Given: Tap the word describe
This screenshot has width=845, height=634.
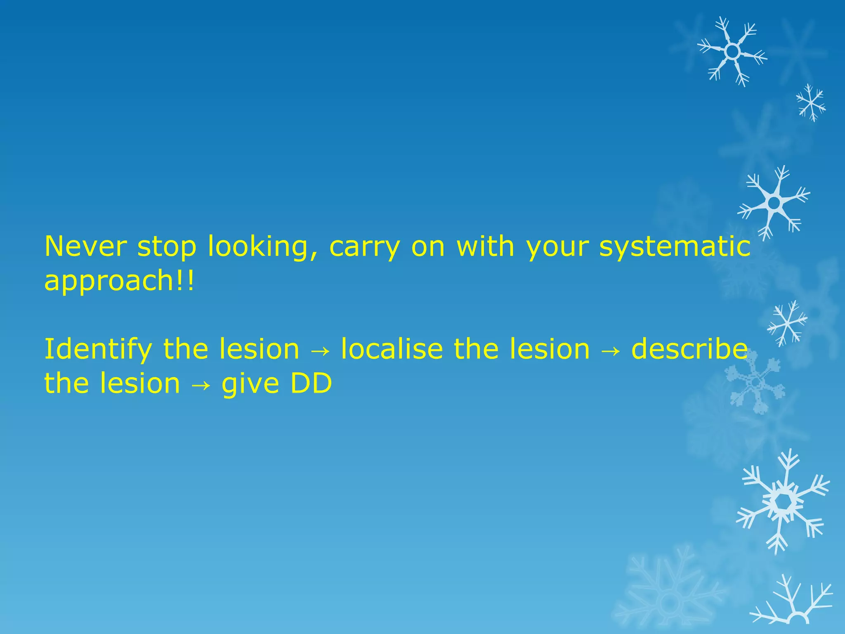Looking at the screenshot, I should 689,349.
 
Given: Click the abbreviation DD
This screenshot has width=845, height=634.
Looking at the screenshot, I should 311,383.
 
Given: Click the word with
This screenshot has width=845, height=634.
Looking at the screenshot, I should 485,246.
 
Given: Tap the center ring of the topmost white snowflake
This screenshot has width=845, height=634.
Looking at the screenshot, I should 732,52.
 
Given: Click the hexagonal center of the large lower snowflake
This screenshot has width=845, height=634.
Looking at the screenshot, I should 781,502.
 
